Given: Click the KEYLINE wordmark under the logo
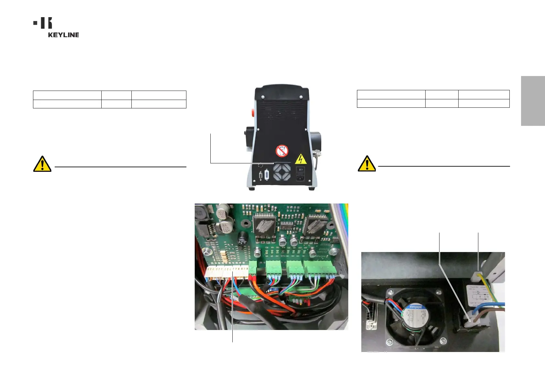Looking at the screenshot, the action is pyautogui.click(x=63, y=35).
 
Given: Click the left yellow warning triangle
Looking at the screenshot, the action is pyautogui.click(x=42, y=164).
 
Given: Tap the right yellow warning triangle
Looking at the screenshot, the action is pyautogui.click(x=367, y=164).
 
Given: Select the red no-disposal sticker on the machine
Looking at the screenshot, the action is pyautogui.click(x=282, y=151).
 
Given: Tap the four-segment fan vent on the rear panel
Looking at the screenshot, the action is pyautogui.click(x=282, y=172).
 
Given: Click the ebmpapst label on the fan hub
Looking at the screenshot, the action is pyautogui.click(x=415, y=306).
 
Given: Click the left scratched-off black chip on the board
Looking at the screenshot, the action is pyautogui.click(x=265, y=225).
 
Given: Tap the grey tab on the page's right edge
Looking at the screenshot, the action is pyautogui.click(x=533, y=101).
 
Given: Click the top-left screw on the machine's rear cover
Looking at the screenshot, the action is pyautogui.click(x=262, y=97).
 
